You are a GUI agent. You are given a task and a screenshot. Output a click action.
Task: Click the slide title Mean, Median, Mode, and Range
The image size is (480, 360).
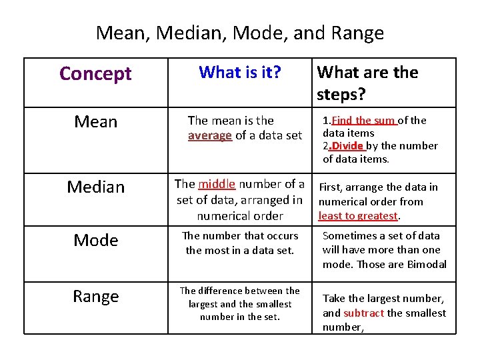click(240, 33)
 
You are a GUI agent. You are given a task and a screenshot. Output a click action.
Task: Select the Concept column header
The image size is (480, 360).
click(95, 73)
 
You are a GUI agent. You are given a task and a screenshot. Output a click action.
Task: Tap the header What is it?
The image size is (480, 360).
click(240, 72)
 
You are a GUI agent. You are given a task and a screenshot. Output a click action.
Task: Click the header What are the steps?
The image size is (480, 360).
click(367, 83)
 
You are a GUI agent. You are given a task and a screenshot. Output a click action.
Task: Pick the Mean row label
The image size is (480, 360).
click(95, 122)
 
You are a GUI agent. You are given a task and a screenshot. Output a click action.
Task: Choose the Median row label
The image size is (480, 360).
click(95, 187)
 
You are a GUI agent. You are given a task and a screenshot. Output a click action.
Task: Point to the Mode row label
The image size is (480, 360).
click(95, 240)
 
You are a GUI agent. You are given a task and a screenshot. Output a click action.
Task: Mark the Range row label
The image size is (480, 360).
click(95, 296)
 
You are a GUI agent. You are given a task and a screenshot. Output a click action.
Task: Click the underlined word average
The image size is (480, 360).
click(210, 135)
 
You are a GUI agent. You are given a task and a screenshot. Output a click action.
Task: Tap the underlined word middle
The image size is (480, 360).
click(217, 184)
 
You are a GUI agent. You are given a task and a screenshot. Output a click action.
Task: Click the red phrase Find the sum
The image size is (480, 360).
click(364, 121)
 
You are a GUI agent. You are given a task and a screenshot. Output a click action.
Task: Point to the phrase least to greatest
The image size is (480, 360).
click(358, 215)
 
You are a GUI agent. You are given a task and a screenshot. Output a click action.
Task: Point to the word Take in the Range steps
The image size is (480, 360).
click(334, 298)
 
